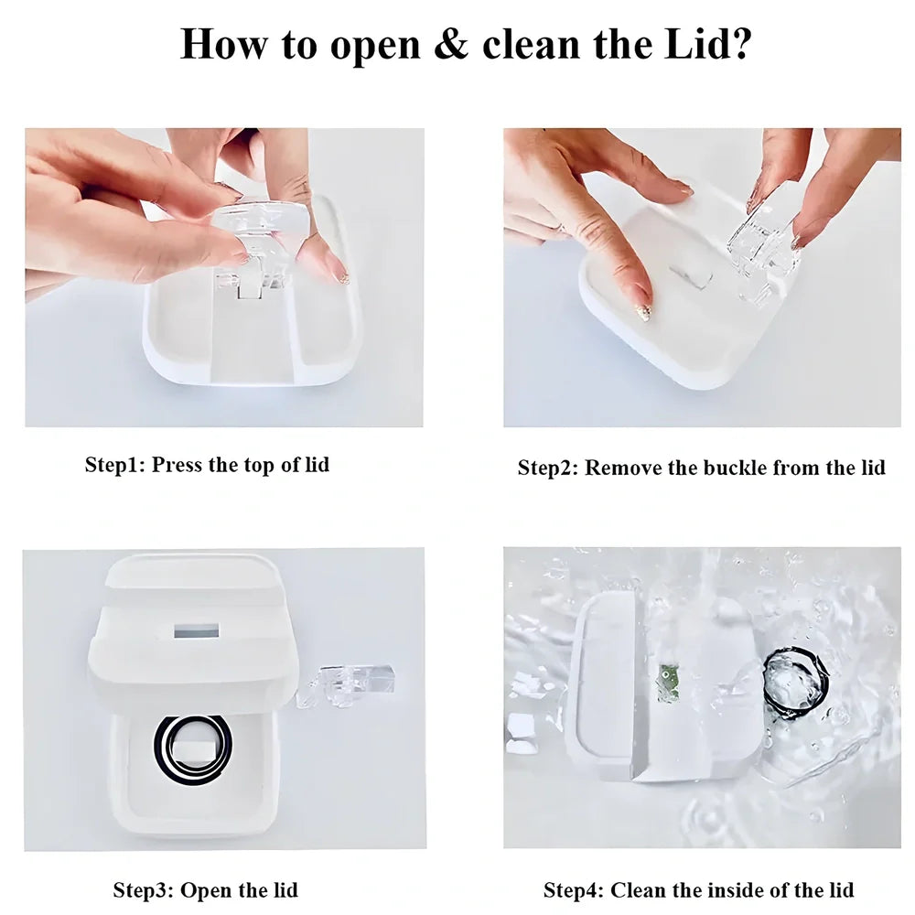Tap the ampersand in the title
(x=450, y=44)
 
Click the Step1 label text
(x=114, y=465)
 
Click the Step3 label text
(x=143, y=890)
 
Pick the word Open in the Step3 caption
(x=206, y=891)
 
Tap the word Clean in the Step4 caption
(x=638, y=890)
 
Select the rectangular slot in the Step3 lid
(x=197, y=630)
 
